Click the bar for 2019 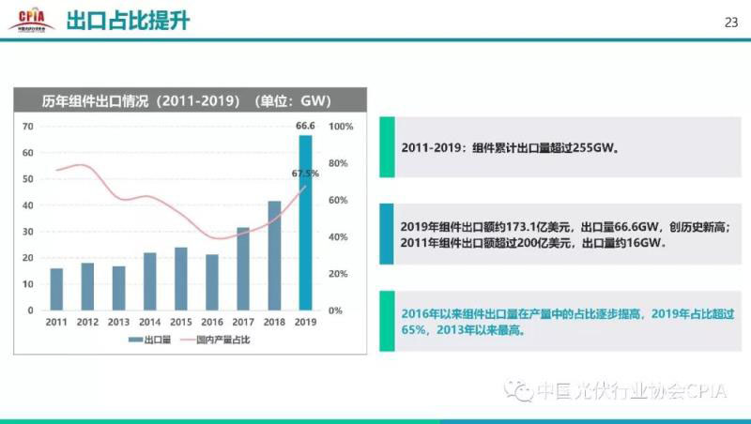pyautogui.click(x=305, y=222)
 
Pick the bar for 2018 pyautogui.click(x=274, y=255)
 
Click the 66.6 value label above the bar pyautogui.click(x=305, y=126)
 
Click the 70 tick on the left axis pyautogui.click(x=28, y=126)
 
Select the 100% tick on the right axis pyautogui.click(x=341, y=126)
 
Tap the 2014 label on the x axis pyautogui.click(x=149, y=322)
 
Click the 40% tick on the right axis pyautogui.click(x=339, y=236)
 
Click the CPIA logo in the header pyautogui.click(x=31, y=20)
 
